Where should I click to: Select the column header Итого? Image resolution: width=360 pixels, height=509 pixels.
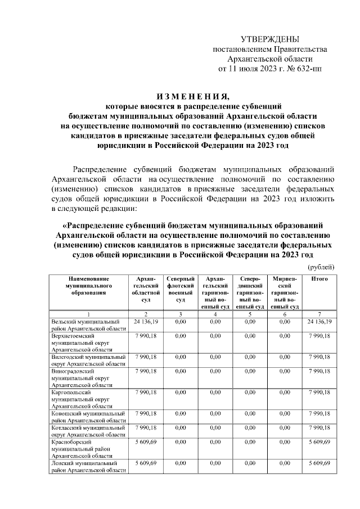(x=319, y=279)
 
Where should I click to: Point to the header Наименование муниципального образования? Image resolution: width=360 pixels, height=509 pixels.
(x=89, y=286)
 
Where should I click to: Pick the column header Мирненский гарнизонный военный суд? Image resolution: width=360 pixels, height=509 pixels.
(x=285, y=292)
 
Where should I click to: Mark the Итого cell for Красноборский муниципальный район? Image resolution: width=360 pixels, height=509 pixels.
(x=319, y=442)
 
